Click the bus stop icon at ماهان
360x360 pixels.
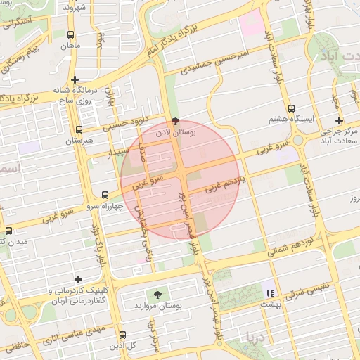[70, 34]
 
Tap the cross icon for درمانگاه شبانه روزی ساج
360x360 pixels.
[75, 80]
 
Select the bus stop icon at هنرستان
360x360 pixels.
[79, 130]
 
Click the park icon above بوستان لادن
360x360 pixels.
[175, 120]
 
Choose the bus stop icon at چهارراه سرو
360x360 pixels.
[105, 195]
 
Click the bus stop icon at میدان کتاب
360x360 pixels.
[8, 231]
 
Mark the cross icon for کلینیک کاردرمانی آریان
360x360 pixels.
[77, 279]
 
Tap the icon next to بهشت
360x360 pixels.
[269, 292]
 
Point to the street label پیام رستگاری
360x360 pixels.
[27, 54]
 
